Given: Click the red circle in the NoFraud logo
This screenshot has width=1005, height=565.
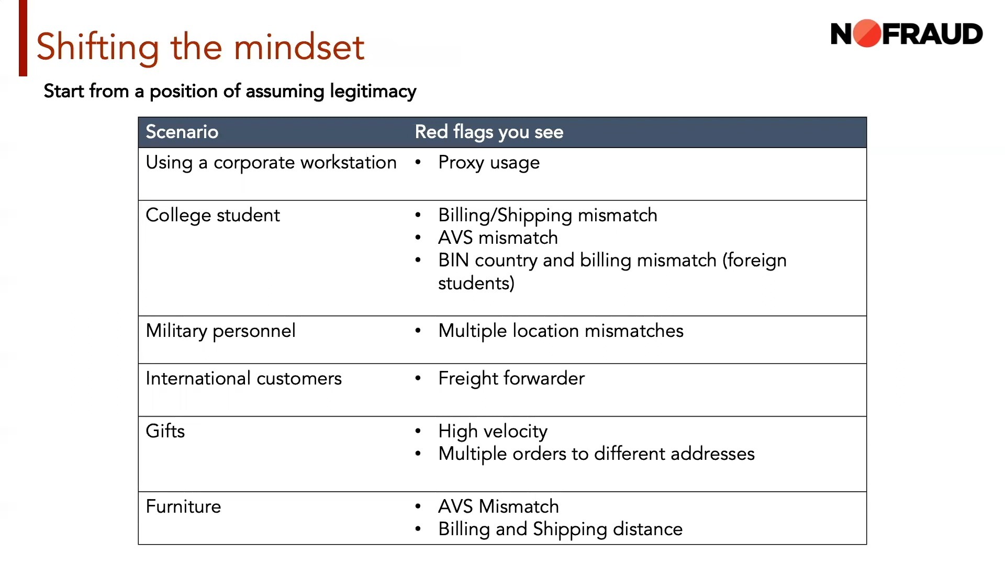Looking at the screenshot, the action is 867,33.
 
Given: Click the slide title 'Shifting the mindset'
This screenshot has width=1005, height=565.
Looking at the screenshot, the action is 200,47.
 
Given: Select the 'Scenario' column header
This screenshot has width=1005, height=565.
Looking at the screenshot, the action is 182,132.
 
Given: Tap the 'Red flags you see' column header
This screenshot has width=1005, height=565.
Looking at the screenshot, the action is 489,132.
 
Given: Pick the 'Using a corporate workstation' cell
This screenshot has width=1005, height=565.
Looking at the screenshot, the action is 271,163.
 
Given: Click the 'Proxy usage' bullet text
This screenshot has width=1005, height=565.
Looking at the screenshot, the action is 489,163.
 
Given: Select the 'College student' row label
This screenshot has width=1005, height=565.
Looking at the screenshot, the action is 213,216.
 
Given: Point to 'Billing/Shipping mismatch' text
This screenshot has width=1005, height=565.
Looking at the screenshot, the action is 548,216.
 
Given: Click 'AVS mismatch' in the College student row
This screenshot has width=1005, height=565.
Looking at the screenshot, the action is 498,238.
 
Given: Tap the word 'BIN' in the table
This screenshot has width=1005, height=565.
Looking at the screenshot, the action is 453,260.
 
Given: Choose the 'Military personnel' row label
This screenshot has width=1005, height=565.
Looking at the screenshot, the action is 220,331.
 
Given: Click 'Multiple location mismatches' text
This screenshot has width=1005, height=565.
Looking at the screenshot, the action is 561,331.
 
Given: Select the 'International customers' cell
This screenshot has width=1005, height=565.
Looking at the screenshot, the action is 243,378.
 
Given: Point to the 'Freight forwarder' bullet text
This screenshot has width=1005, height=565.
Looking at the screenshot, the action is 511,378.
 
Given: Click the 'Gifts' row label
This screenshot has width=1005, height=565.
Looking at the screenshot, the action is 165,431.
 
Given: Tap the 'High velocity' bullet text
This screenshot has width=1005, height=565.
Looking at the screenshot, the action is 493,432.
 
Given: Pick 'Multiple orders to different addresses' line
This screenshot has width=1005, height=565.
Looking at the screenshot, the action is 596,454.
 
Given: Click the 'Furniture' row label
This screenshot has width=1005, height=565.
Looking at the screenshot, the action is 183,506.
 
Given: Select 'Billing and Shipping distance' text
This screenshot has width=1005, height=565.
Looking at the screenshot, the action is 560,529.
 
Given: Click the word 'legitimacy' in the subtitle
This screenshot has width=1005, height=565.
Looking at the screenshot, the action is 373,92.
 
